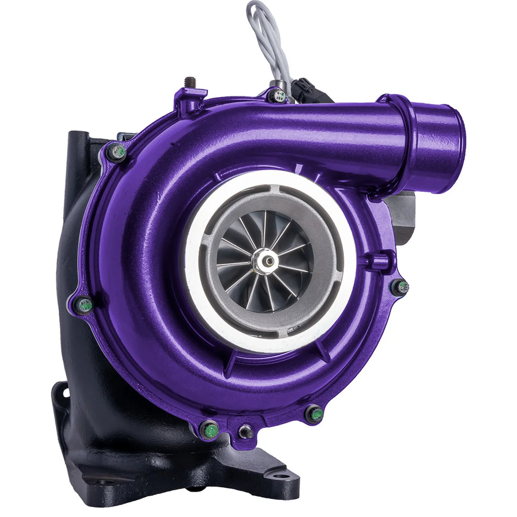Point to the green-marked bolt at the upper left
(x=118, y=152)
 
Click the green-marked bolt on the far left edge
(x=84, y=305)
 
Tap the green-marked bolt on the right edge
(x=400, y=287)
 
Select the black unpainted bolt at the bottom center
(x=245, y=432)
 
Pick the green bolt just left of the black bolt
(x=211, y=430)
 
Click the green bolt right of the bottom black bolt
(x=315, y=415)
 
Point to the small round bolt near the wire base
(x=278, y=96)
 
